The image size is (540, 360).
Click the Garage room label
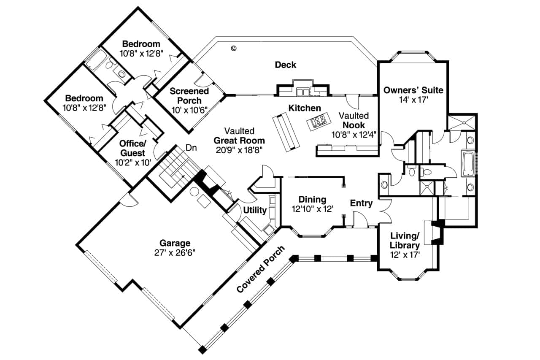tap(175, 243)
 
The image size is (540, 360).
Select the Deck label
tap(286, 65)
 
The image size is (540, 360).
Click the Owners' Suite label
tap(413, 90)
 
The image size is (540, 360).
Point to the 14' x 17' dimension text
tap(413, 100)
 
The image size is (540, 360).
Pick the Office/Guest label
tap(132, 148)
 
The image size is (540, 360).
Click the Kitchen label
tap(304, 108)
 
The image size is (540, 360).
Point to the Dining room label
tap(312, 199)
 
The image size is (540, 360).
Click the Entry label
tap(362, 203)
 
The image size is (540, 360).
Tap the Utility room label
tap(254, 210)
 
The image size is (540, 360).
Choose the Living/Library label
tap(405, 241)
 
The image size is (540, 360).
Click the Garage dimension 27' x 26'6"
tap(175, 253)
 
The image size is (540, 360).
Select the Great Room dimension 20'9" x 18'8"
tap(239, 150)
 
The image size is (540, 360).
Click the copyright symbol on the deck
tap(233, 48)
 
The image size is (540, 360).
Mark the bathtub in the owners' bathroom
tap(469, 163)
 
